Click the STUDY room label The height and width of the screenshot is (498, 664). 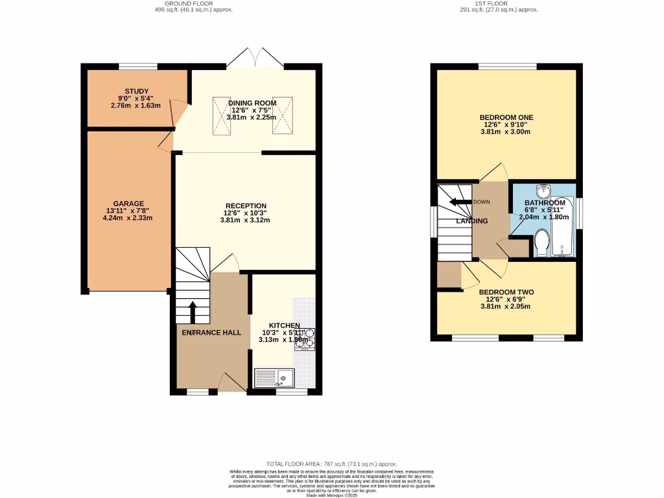click(137, 91)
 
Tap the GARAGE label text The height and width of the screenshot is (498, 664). click(128, 204)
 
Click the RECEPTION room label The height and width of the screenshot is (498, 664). click(245, 206)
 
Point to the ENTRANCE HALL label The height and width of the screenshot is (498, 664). click(211, 333)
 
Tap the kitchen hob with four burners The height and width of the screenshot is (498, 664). click(305, 337)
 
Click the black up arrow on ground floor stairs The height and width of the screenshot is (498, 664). click(193, 311)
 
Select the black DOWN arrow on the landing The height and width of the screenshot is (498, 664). click(462, 202)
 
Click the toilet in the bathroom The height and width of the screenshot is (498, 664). click(541, 244)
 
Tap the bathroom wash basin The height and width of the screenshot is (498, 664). click(543, 191)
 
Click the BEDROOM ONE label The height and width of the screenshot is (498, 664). click(506, 117)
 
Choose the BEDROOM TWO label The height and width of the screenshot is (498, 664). click(506, 292)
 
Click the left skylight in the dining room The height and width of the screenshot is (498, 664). click(220, 115)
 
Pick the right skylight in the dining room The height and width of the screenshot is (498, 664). click(283, 115)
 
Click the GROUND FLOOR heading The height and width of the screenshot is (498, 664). click(187, 3)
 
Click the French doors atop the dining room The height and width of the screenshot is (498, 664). click(254, 58)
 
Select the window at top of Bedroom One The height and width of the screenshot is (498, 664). click(507, 66)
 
